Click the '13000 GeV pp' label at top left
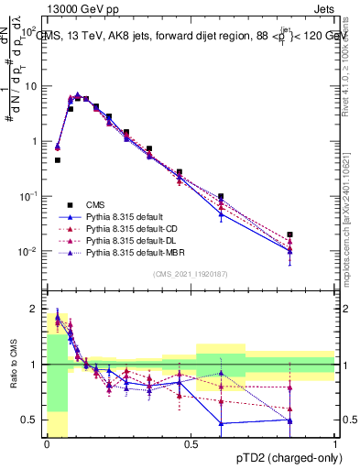coord(77,7)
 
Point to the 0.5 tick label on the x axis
coord(191,444)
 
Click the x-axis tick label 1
coord(335,444)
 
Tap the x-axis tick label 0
coord(47,444)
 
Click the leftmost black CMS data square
coord(57,160)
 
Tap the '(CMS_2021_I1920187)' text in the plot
coord(191,273)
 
